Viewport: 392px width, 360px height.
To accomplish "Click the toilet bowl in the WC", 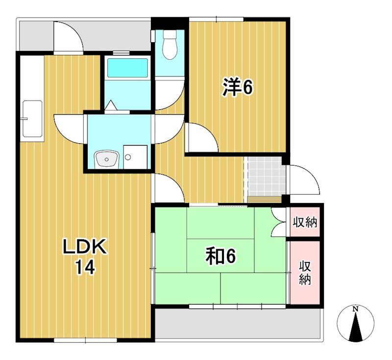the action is tap(170, 45).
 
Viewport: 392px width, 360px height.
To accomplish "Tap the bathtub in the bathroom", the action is tap(127, 68).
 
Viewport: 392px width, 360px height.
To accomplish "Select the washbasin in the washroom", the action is tap(107, 159).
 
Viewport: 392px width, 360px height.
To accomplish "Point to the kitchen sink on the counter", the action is tap(32, 119).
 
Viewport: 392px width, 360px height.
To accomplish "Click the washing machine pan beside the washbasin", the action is tap(135, 157).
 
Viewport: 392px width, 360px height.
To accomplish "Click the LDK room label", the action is tap(85, 247).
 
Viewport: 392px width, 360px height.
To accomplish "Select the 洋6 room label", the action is tap(238, 87).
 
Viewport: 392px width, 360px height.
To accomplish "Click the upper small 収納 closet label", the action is tap(305, 222).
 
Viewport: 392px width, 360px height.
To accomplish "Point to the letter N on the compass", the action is tap(355, 309).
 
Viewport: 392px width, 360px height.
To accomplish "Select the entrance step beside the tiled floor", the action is tap(265, 200).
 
